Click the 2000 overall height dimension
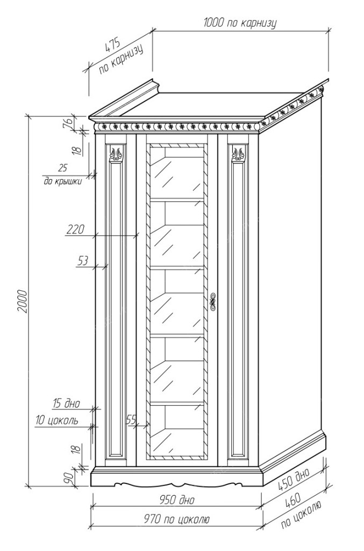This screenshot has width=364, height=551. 22,302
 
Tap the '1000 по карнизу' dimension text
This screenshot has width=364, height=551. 240,23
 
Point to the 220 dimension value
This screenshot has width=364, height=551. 75,230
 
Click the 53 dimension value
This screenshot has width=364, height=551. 82,261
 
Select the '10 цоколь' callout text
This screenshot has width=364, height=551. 57,420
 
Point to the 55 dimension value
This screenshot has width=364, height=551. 131,419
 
